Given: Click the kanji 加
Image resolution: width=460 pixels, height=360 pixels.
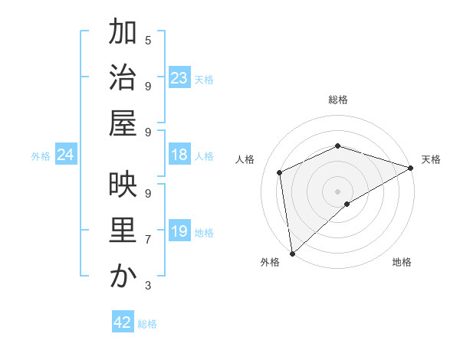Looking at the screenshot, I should click(123, 33).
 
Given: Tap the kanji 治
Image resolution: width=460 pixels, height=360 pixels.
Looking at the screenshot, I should click(123, 78).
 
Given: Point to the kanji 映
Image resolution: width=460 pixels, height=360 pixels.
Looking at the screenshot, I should click(123, 186).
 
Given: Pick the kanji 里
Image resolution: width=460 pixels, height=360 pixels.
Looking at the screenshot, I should click(123, 231).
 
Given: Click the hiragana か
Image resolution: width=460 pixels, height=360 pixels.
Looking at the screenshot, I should click(123, 277).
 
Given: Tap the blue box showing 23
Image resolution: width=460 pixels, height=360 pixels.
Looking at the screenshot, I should click(179, 78).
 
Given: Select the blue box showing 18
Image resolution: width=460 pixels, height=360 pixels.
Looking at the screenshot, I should click(179, 155).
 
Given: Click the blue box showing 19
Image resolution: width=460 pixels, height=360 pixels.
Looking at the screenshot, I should click(179, 231).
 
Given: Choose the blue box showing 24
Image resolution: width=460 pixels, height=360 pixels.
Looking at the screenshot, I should click(66, 155).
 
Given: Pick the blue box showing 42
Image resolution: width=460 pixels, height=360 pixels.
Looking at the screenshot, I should click(123, 322).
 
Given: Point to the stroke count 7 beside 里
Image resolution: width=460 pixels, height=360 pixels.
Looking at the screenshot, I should click(148, 240).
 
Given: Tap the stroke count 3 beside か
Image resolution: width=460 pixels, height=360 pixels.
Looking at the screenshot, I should click(148, 285).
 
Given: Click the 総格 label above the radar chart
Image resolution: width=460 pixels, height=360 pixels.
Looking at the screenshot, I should click(338, 100).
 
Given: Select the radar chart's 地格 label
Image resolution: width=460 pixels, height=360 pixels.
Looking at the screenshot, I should click(402, 262).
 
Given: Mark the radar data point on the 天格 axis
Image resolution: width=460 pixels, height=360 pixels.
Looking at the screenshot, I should click(410, 168).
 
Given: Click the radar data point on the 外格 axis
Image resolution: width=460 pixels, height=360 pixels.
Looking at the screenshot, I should click(292, 253).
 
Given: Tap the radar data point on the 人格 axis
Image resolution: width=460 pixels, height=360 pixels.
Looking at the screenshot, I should click(280, 172).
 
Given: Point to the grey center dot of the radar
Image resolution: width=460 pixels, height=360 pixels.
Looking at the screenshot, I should click(337, 191).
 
